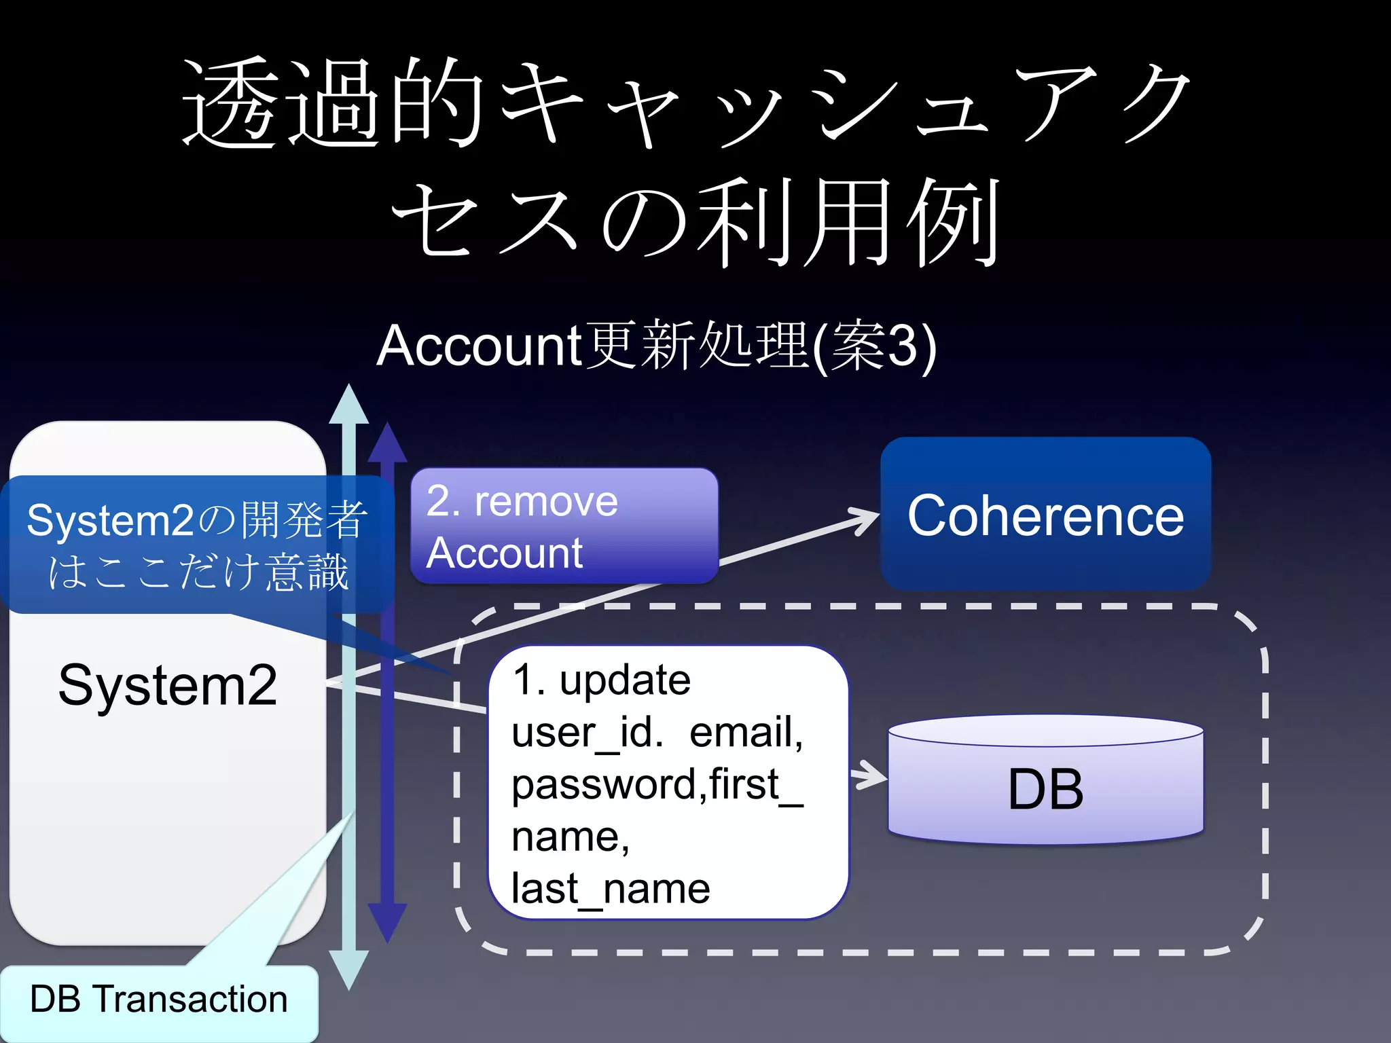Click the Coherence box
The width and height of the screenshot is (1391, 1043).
(x=1045, y=515)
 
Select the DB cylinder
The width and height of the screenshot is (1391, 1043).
(x=1045, y=781)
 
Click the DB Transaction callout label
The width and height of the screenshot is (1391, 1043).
(x=159, y=1000)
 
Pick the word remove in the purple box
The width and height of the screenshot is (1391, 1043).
(x=546, y=502)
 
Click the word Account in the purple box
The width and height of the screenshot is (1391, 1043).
(x=504, y=553)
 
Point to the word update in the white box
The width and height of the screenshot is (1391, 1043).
(x=625, y=680)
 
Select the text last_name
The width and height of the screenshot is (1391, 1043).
(x=611, y=888)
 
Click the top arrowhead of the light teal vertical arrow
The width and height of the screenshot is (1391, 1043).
(x=348, y=404)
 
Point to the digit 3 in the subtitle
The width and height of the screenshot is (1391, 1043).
(x=901, y=346)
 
